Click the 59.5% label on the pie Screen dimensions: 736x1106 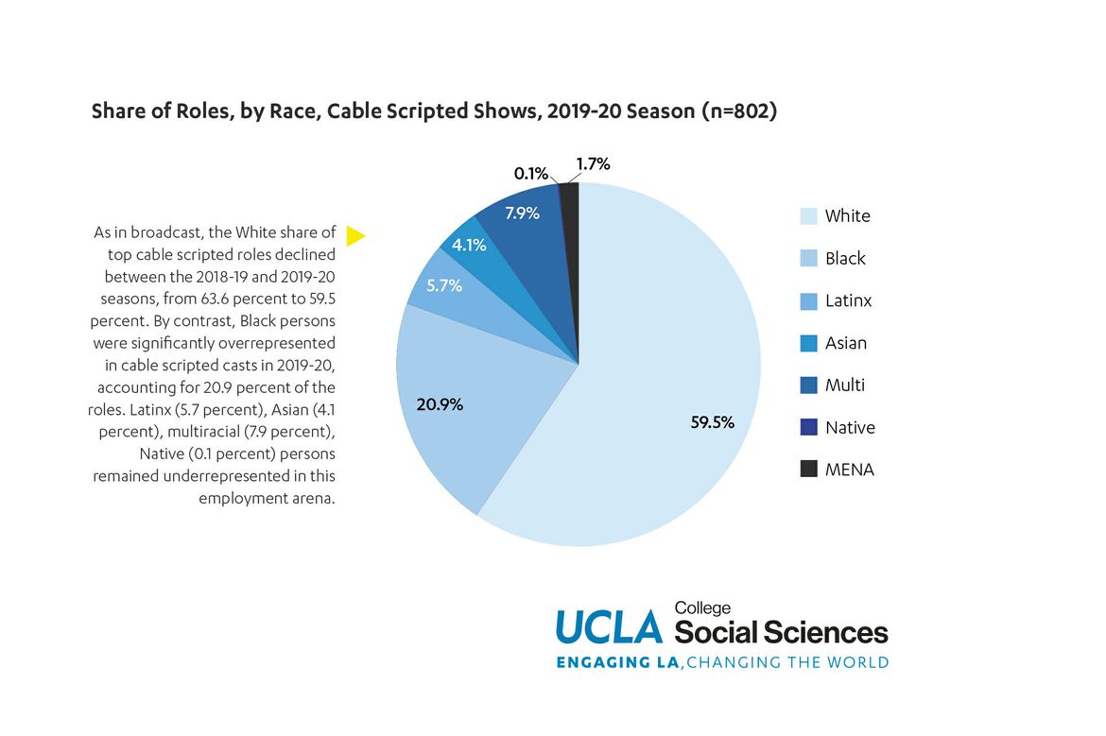tap(713, 422)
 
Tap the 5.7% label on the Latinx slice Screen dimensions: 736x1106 tap(443, 284)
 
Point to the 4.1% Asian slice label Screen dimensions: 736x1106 tap(469, 245)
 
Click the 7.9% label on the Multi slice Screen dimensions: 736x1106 tap(522, 213)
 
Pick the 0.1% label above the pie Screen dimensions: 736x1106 tap(530, 173)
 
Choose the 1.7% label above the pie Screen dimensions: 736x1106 tap(593, 163)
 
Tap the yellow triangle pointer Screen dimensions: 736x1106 tap(354, 235)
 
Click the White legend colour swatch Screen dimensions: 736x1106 tap(808, 215)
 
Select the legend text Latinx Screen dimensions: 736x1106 tap(848, 300)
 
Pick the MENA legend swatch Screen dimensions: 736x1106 tap(808, 469)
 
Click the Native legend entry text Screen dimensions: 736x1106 tap(850, 427)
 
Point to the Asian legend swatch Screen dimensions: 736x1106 tap(808, 343)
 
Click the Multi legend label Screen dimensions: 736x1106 tap(844, 385)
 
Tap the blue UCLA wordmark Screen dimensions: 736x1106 tap(609, 626)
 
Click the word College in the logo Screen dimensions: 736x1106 tap(702, 608)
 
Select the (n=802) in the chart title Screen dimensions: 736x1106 tap(738, 111)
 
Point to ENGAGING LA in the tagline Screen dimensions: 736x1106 tap(617, 662)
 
